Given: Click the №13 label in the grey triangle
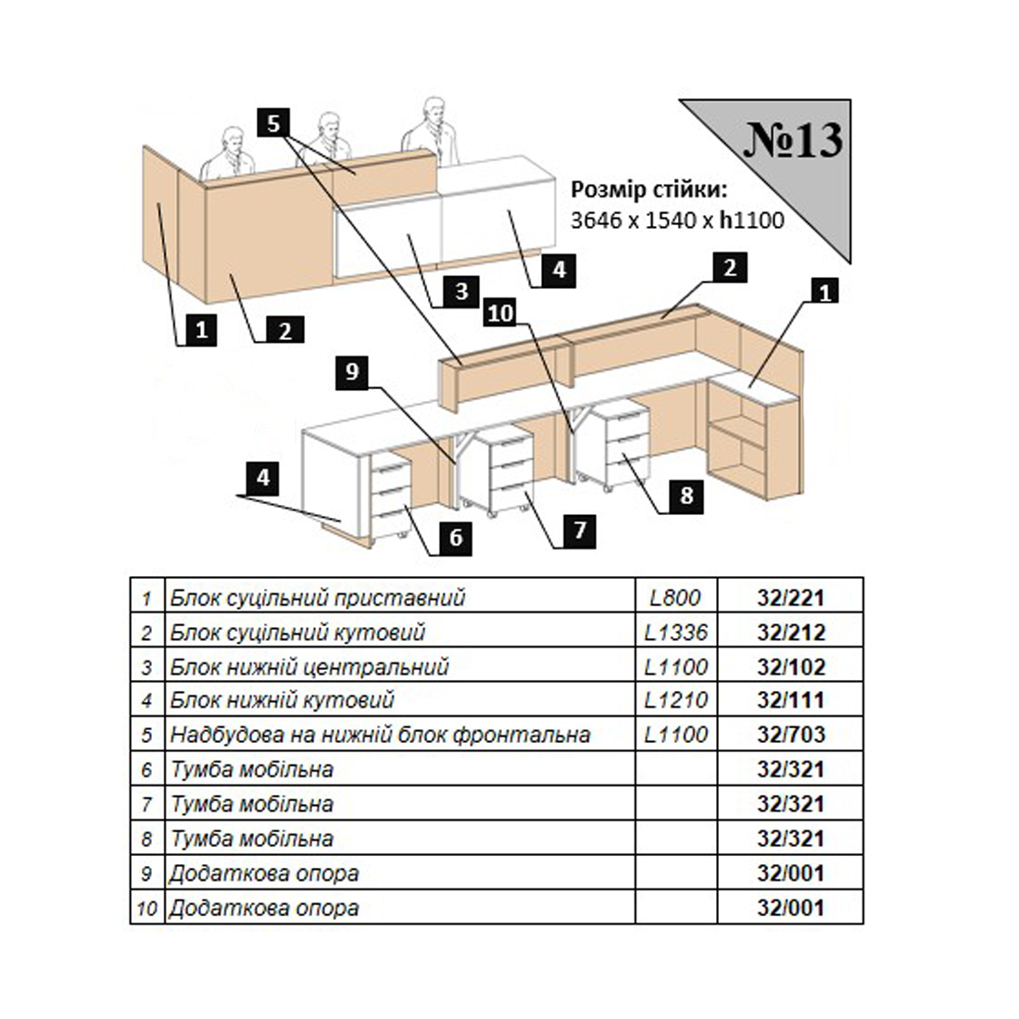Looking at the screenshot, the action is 793,140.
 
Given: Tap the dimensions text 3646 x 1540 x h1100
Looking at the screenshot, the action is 677,220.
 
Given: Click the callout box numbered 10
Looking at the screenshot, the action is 500,313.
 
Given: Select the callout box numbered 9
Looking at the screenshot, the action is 352,371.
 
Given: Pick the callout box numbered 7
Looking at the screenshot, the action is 580,530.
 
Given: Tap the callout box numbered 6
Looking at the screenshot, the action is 456,537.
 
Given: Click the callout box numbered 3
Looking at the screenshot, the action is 461,291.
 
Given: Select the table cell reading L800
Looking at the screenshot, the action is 675,598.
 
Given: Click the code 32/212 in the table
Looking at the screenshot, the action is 791,633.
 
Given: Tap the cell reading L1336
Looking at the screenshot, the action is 675,633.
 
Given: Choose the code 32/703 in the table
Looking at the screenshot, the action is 791,735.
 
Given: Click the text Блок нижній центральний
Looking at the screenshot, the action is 309,667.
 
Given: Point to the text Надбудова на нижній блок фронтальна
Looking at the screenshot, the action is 380,735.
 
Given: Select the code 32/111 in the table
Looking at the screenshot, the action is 791,700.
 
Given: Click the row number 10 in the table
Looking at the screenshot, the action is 147,909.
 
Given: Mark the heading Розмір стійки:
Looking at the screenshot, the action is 648,190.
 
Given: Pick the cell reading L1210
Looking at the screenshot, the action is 675,700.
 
